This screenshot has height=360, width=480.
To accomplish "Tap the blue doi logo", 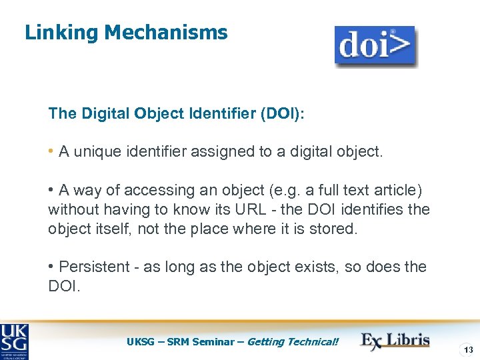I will tap(375, 46).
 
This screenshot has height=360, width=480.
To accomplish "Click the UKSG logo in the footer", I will tap(15, 341).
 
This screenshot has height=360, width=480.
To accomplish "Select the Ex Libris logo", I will tap(395, 340).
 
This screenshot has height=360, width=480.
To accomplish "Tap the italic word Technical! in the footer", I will tap(313, 342).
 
